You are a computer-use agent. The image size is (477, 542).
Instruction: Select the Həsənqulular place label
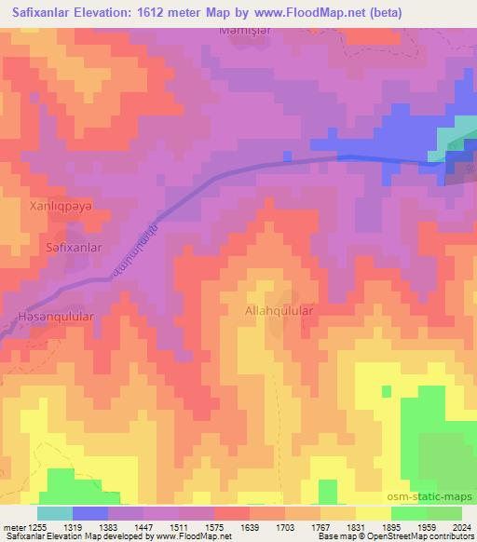(x=55, y=318)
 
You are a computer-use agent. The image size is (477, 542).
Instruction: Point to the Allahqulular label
(x=279, y=310)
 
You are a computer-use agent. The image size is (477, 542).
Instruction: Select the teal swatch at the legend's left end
(x=54, y=513)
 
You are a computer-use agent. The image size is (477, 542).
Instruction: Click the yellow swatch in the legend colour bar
(x=373, y=513)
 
